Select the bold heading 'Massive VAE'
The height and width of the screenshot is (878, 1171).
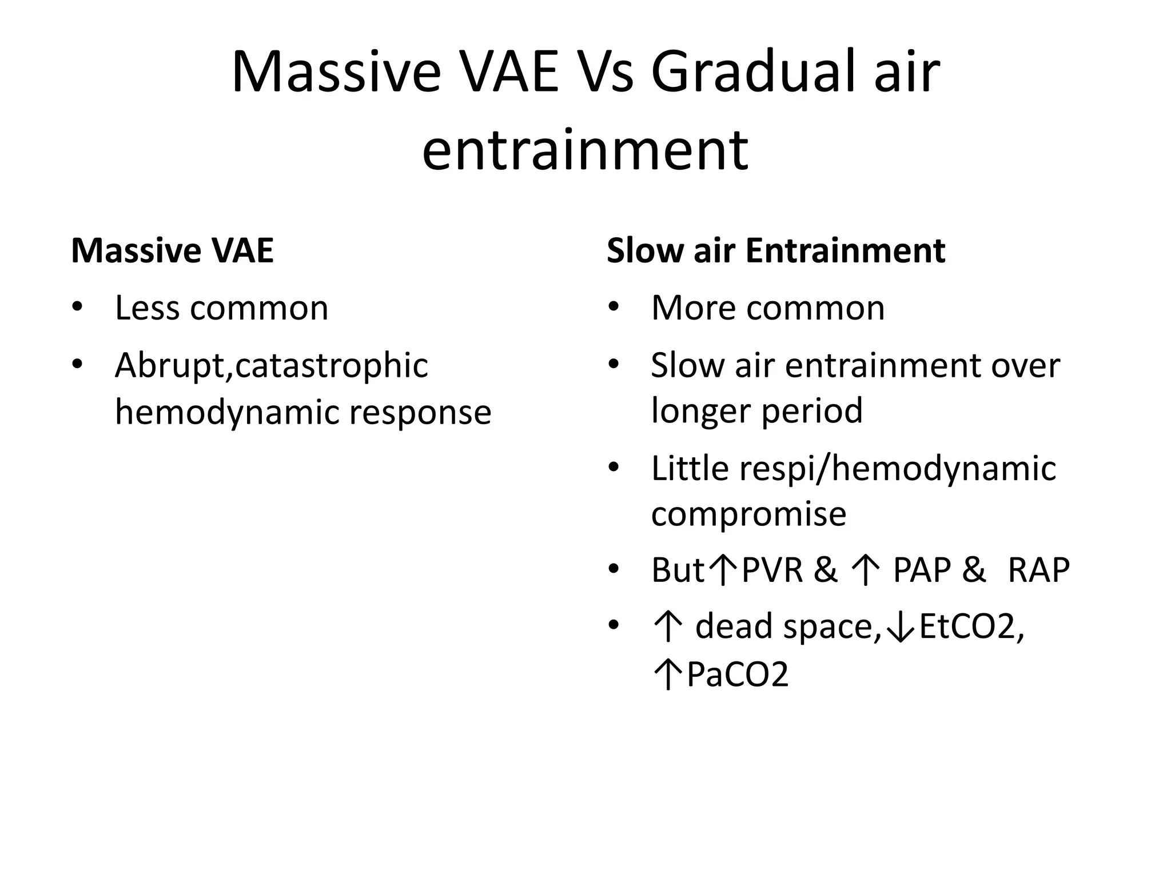pyautogui.click(x=172, y=250)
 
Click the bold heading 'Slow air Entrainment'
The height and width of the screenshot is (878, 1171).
pyautogui.click(x=775, y=250)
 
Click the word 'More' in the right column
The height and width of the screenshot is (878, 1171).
pyautogui.click(x=694, y=308)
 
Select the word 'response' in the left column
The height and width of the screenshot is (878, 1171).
pyautogui.click(x=420, y=412)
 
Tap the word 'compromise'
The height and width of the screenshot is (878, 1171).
pyautogui.click(x=748, y=514)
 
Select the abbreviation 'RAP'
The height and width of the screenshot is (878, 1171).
pyautogui.click(x=1038, y=570)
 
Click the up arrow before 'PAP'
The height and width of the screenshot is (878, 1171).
pyautogui.click(x=865, y=570)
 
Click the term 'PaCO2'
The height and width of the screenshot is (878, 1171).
pyautogui.click(x=738, y=674)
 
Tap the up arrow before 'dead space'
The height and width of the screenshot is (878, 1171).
pyautogui.click(x=667, y=627)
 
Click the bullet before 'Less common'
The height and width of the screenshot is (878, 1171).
pyautogui.click(x=77, y=308)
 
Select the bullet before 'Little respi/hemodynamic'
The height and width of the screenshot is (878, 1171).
pyautogui.click(x=614, y=468)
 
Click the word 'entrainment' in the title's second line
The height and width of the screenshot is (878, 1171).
pyautogui.click(x=585, y=150)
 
